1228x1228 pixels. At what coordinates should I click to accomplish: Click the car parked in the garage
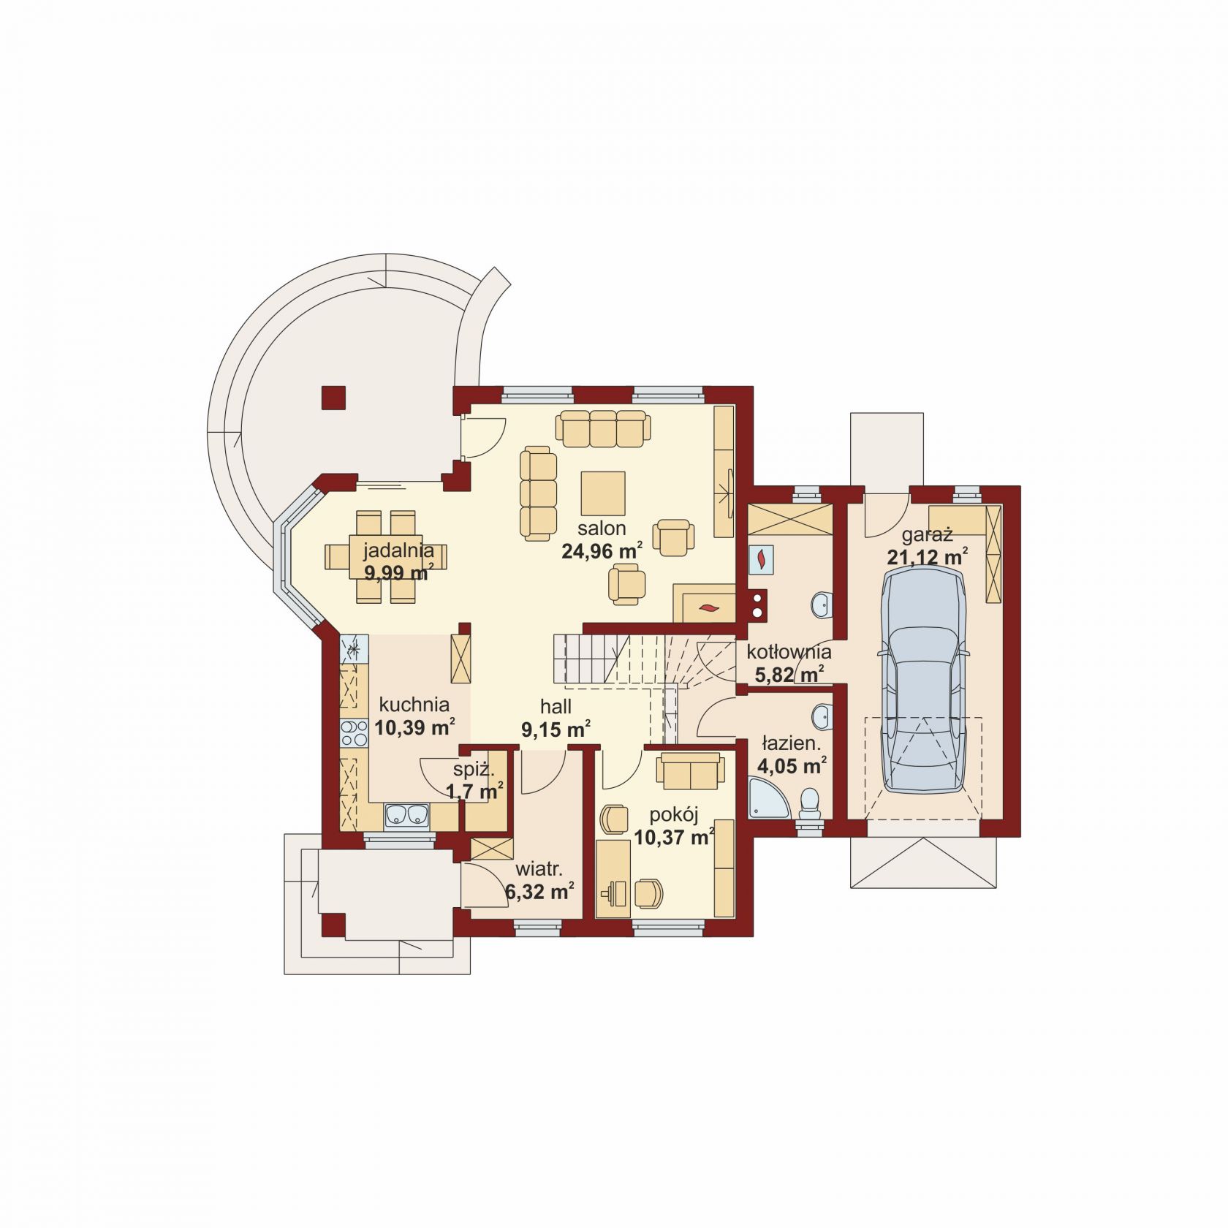click(x=924, y=681)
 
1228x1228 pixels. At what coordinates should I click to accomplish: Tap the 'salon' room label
click(x=602, y=528)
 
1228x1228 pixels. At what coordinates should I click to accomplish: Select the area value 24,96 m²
click(x=602, y=550)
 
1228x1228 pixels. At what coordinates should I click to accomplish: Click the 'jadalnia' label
click(x=398, y=550)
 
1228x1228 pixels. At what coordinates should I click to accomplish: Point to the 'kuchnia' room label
click(x=414, y=705)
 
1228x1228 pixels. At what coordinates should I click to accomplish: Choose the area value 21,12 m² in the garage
click(x=928, y=557)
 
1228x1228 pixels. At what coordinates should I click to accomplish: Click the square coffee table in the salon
click(x=603, y=493)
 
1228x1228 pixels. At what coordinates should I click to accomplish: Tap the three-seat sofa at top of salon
click(x=603, y=428)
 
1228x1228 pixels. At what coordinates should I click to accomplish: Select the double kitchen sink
click(x=407, y=814)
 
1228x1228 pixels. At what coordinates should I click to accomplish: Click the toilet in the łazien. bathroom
click(x=809, y=803)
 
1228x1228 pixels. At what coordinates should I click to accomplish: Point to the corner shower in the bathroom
click(x=769, y=798)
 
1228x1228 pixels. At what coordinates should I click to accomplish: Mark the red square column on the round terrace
click(x=333, y=398)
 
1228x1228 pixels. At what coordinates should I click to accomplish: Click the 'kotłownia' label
click(x=789, y=651)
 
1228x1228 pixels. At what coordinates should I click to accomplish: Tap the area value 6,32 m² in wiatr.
click(x=539, y=891)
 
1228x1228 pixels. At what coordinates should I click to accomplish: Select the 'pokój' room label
click(x=674, y=814)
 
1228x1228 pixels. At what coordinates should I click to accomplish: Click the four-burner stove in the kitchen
click(x=355, y=733)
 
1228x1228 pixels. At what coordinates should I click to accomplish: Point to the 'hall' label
click(x=556, y=707)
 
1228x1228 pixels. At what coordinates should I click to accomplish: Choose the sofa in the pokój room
click(x=690, y=772)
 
